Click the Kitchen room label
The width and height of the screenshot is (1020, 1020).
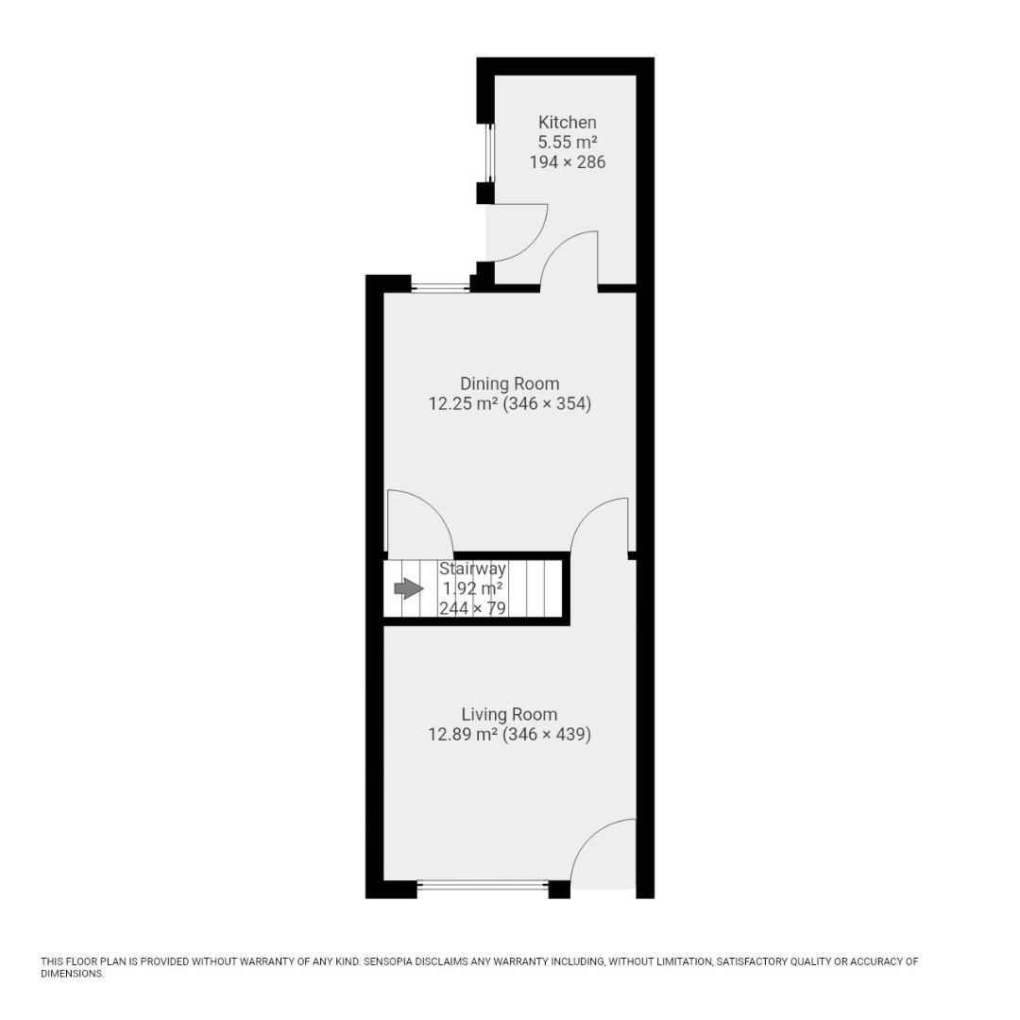[x=567, y=122]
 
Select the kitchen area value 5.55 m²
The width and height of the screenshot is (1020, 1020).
[x=567, y=142]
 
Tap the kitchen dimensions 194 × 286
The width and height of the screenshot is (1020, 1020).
[x=567, y=161]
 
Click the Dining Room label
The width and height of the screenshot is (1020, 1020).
[x=509, y=383]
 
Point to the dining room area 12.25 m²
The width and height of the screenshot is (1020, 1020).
[x=463, y=404]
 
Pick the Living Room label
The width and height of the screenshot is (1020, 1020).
[x=509, y=714]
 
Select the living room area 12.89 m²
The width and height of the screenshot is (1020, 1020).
[x=463, y=735]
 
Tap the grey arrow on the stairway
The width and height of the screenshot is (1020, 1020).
[x=408, y=589]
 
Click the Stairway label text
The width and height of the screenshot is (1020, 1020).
[x=472, y=569]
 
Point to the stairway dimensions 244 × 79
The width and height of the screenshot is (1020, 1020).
[x=472, y=608]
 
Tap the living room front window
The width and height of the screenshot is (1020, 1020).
[x=483, y=886]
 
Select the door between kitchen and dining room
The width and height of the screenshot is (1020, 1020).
[x=569, y=260]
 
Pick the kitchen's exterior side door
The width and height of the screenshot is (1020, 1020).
[x=518, y=233]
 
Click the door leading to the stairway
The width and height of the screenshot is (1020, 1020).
[x=420, y=521]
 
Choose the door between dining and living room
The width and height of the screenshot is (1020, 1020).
[x=600, y=526]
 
